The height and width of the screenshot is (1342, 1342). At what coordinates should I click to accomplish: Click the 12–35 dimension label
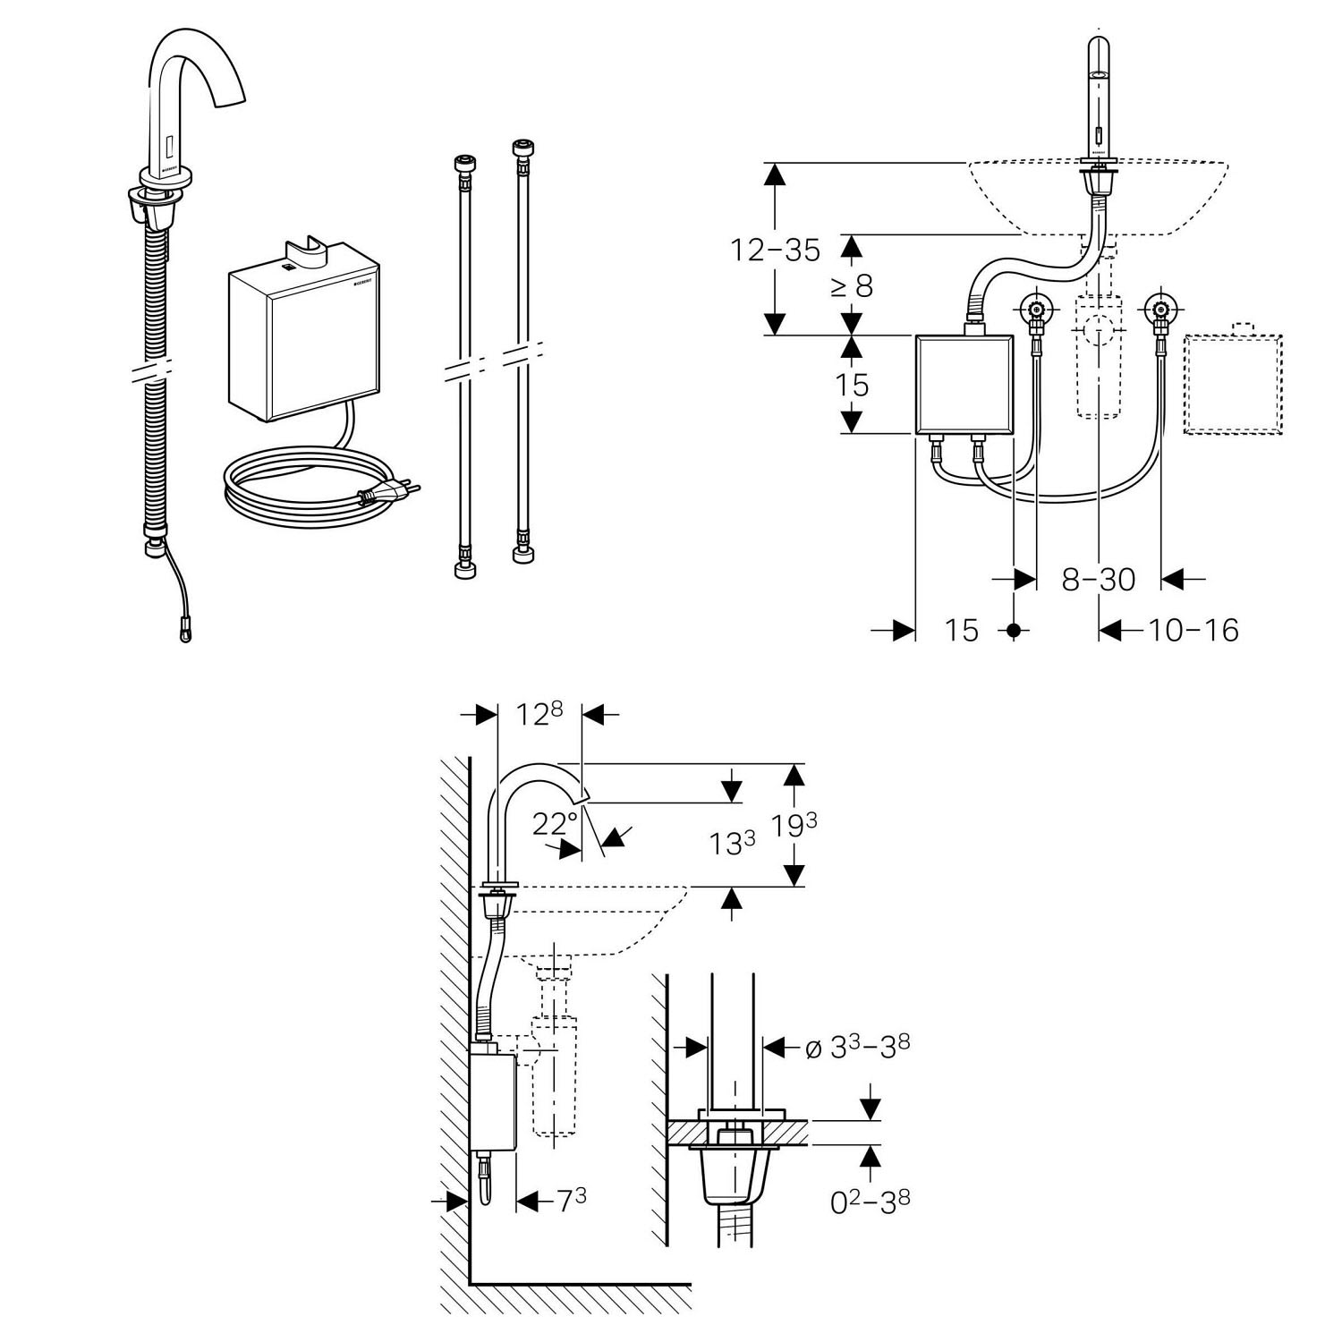775,251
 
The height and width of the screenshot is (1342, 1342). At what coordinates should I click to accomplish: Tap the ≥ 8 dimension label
851,286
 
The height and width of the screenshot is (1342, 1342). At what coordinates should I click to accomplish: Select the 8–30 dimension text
1099,580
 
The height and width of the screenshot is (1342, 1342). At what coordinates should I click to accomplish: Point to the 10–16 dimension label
1193,631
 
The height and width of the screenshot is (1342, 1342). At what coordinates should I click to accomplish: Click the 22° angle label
556,823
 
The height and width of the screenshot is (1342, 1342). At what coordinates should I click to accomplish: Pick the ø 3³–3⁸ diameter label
857,1046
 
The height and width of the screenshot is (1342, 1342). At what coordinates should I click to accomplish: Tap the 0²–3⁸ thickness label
871,1202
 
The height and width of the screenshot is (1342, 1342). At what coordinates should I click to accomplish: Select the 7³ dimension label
572,1201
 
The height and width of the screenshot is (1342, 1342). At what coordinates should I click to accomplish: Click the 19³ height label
795,826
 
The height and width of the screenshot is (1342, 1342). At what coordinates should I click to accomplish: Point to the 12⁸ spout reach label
538,713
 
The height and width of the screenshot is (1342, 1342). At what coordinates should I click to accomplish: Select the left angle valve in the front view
1035,312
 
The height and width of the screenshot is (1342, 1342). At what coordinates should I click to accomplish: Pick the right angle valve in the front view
1160,312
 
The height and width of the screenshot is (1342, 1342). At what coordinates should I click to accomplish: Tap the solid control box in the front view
964,385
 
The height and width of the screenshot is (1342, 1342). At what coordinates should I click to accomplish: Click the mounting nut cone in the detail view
735,1175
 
